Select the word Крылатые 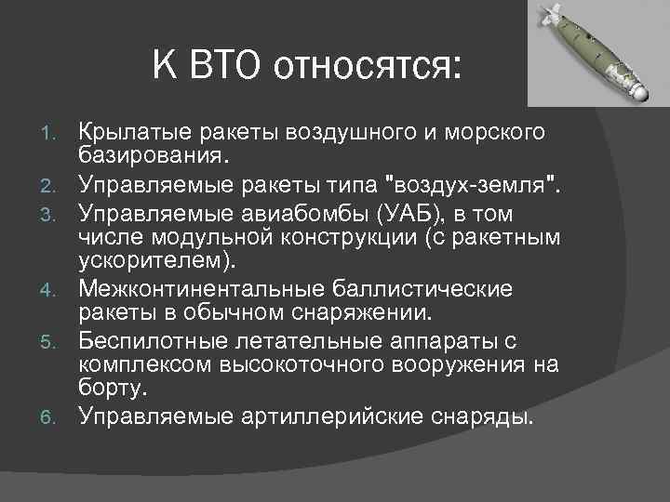pyautogui.click(x=131, y=129)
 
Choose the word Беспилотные pyautogui.click(x=152, y=339)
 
